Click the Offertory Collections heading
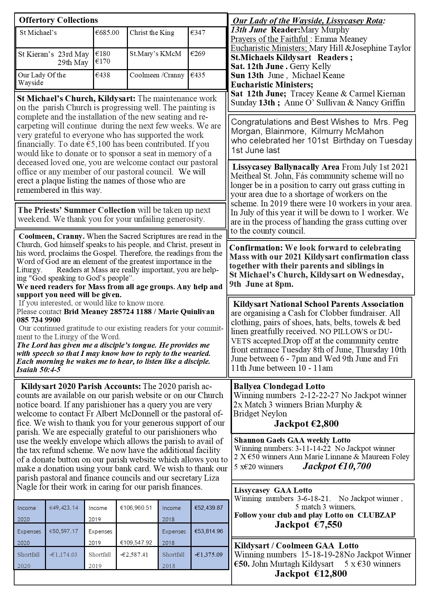(58, 20)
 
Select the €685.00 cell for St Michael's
(108, 33)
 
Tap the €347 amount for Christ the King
(198, 33)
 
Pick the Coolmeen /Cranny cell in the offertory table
(157, 75)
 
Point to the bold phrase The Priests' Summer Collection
(76, 210)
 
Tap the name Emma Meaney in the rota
(341, 39)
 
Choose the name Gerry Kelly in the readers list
(310, 66)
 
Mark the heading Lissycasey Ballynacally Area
(286, 167)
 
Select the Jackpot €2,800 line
(306, 424)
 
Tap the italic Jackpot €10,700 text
(337, 466)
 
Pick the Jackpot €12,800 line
(310, 574)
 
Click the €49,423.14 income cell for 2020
(64, 508)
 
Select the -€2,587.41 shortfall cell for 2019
(134, 555)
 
